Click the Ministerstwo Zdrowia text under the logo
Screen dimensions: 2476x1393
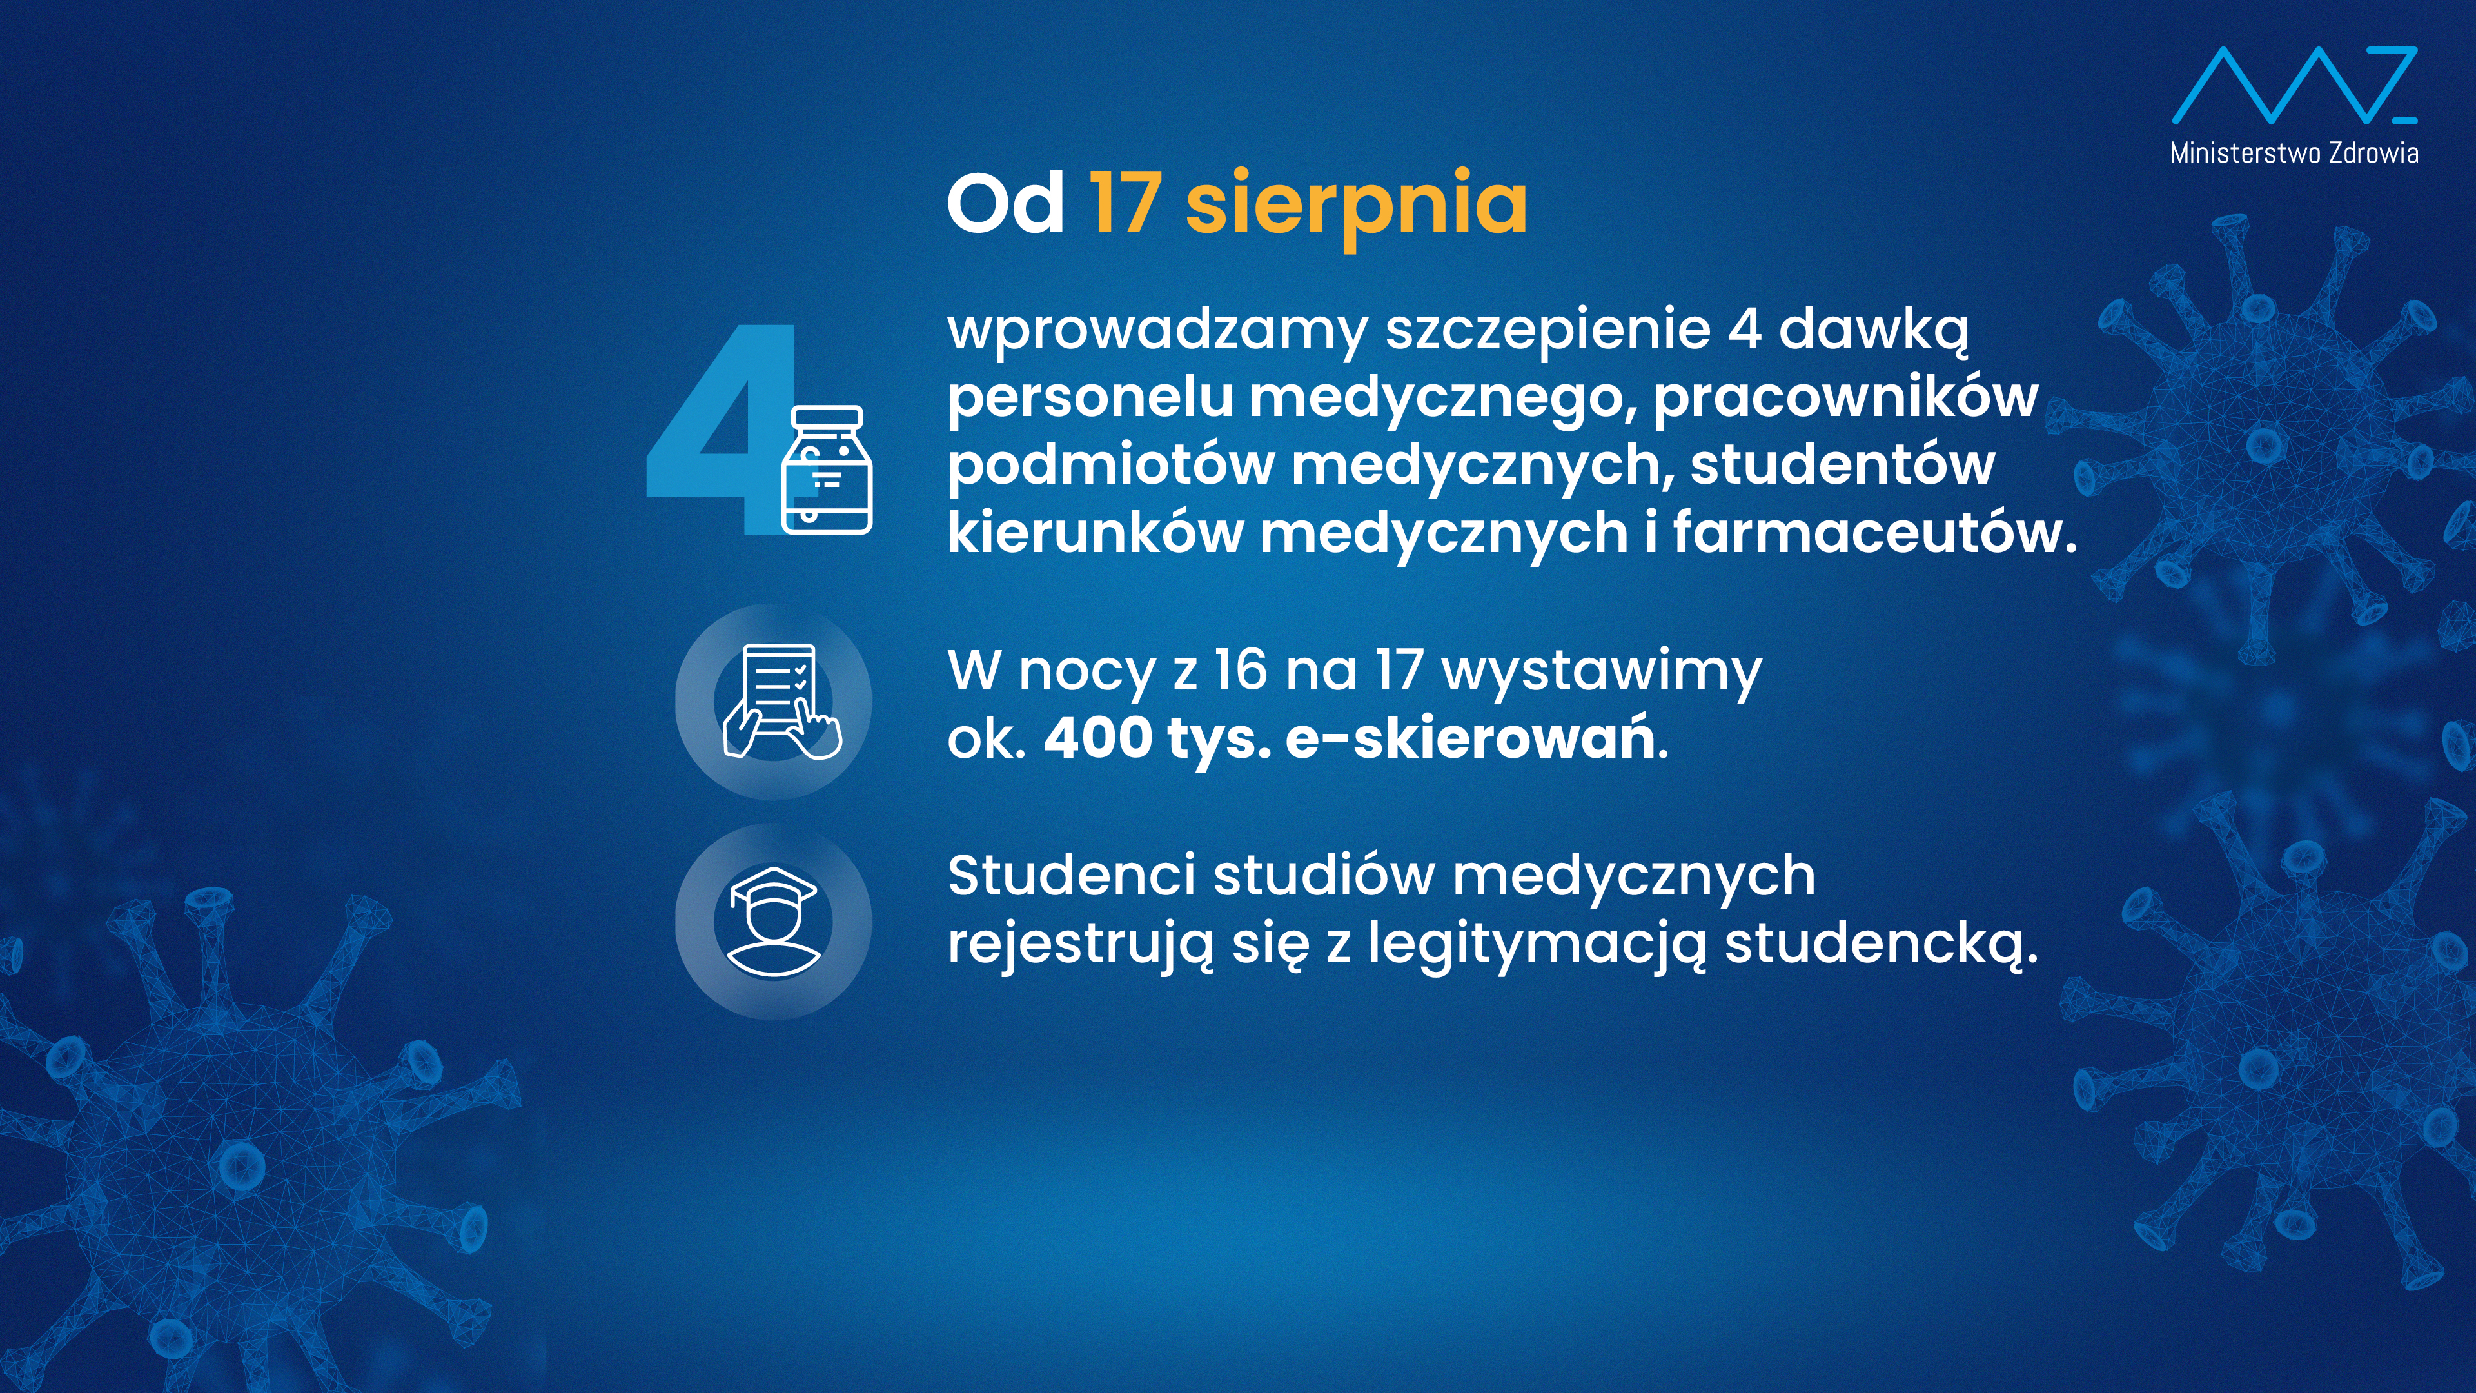click(2294, 153)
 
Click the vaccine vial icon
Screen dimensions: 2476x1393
click(827, 469)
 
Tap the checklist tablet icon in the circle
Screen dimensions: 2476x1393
click(780, 702)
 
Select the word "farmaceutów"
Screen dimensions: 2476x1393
click(1875, 533)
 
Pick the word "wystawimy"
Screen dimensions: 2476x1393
click(1602, 673)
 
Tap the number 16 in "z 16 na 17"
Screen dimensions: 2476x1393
click(1241, 670)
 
